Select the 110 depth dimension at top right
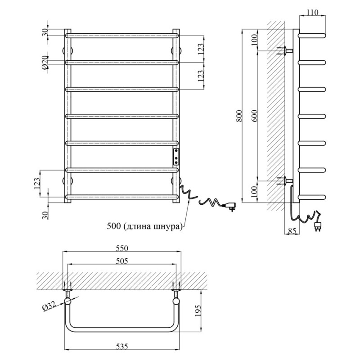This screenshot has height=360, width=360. [312, 12]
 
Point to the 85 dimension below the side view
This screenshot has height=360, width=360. [292, 231]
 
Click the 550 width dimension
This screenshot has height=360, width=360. [121, 248]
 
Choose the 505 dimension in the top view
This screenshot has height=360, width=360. [121, 261]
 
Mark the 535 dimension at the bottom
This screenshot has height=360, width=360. [121, 346]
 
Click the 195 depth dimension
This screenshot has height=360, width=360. [198, 310]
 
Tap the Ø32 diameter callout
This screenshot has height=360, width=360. [49, 307]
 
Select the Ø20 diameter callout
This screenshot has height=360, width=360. [45, 63]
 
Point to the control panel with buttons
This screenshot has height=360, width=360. [176, 157]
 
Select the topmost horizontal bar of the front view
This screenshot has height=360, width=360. [121, 36]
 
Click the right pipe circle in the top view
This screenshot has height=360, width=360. [176, 301]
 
